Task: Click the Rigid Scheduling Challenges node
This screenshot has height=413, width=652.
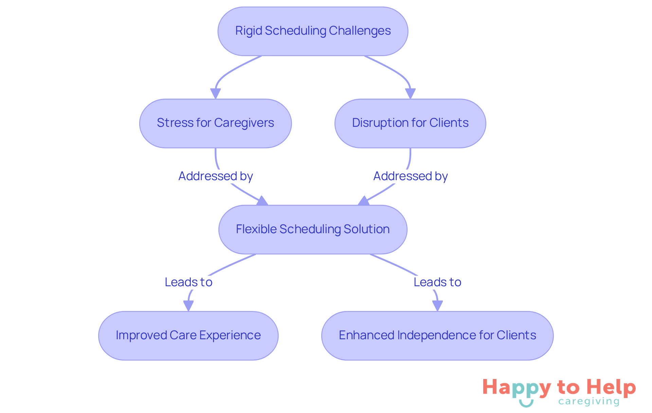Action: coord(313,31)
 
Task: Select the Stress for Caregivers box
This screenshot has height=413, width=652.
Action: coord(215,123)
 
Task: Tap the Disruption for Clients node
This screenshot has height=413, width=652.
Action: coord(410,123)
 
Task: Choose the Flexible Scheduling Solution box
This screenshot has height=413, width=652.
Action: coord(313,229)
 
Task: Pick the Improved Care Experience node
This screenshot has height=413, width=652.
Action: coord(188,335)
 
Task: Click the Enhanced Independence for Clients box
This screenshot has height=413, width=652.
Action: coord(437,335)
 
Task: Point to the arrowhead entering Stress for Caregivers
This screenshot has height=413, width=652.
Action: coord(215,93)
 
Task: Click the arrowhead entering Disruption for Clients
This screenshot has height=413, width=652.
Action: coord(410,93)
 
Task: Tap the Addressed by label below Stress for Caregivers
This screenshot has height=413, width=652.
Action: coord(216,176)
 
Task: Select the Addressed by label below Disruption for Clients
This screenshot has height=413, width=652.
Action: coord(411,176)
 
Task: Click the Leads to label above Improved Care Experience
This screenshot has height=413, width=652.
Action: coord(188,282)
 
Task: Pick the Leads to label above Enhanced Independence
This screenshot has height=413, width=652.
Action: coord(437,282)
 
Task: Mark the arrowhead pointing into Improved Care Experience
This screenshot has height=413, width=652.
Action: coord(188,306)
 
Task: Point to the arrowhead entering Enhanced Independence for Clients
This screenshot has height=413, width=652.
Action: coord(437,306)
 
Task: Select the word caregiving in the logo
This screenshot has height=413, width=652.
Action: coord(589,401)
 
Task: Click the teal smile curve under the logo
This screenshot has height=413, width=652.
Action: coord(526,404)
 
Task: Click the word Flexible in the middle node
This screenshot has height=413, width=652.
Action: coord(256,229)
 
